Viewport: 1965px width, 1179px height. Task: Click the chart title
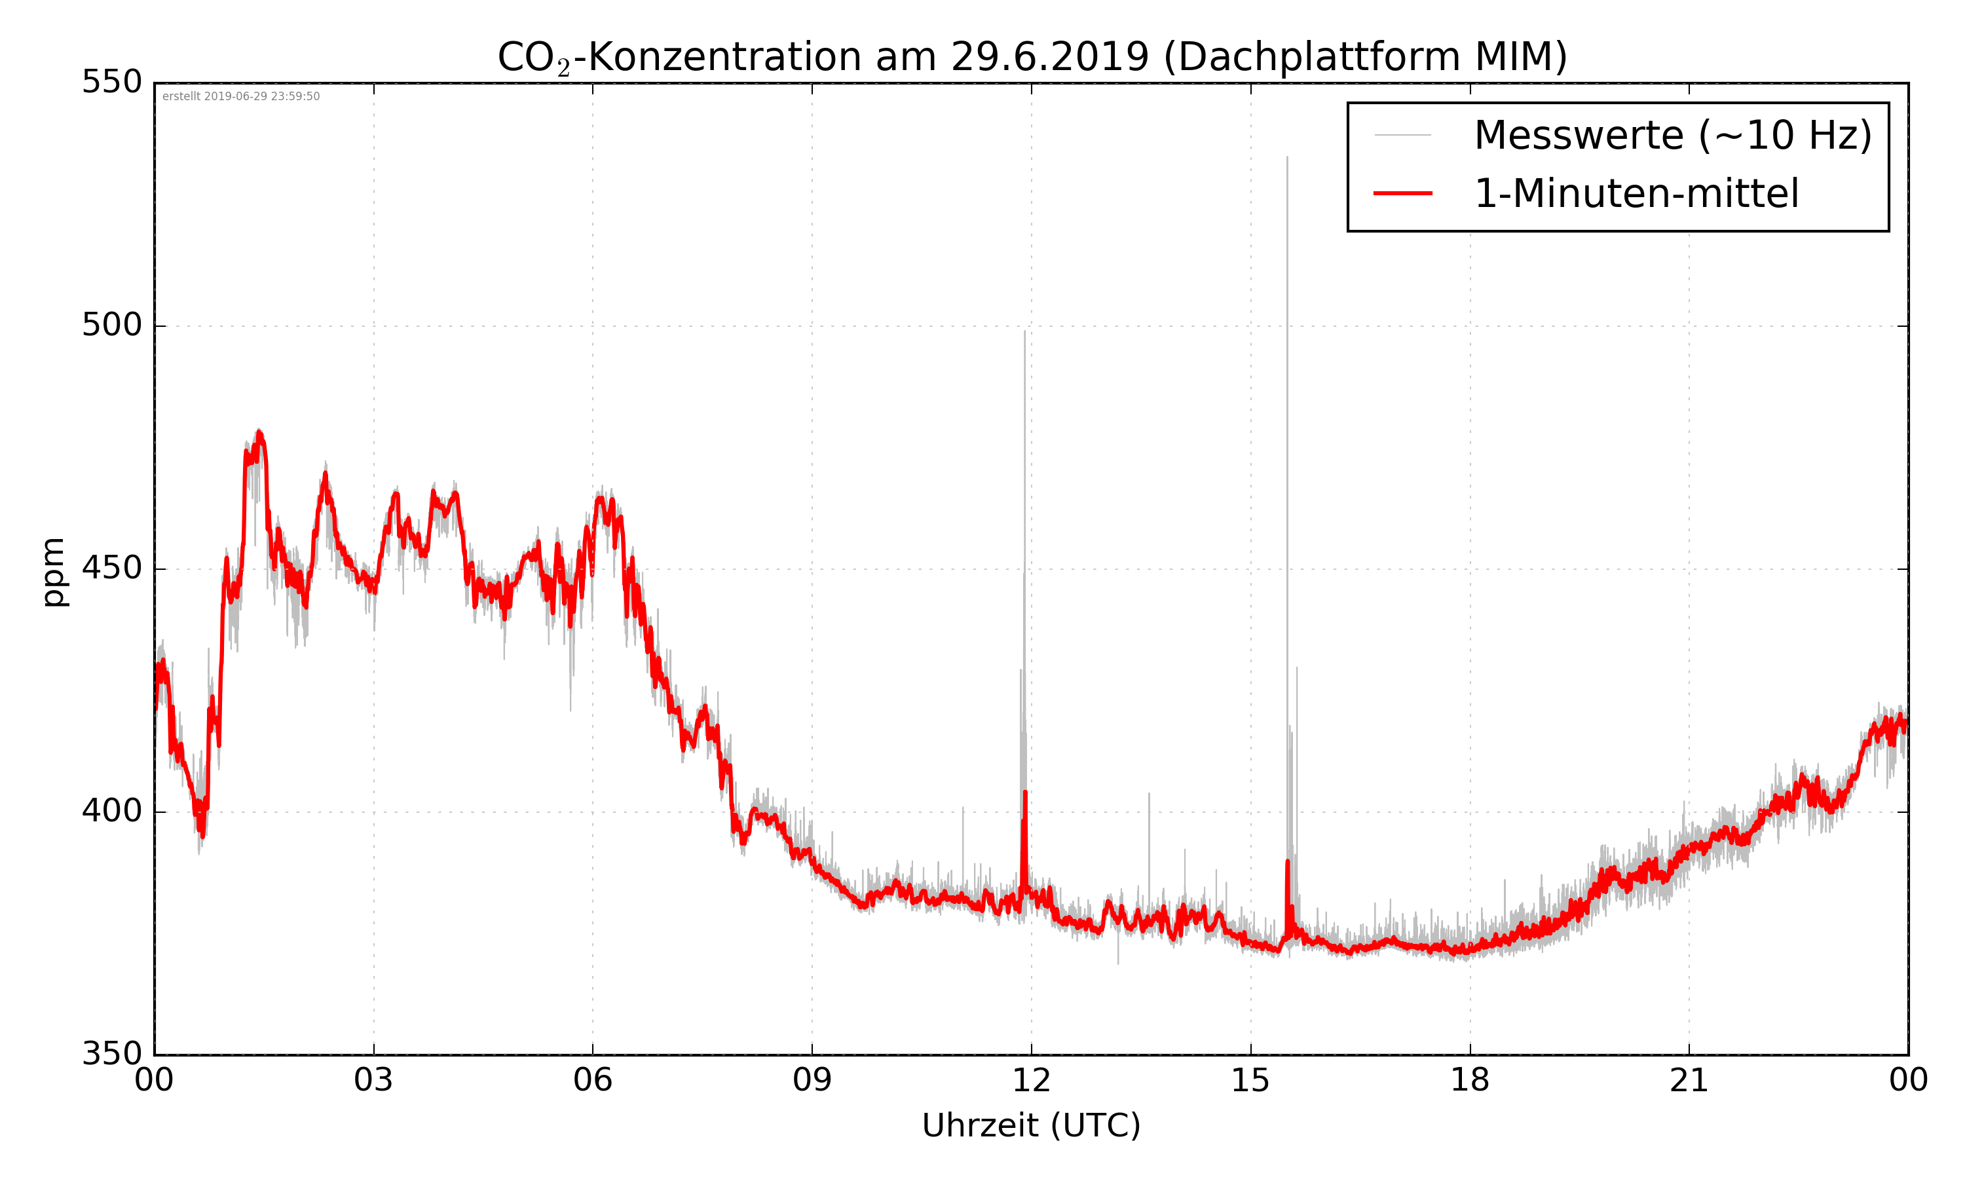point(1032,57)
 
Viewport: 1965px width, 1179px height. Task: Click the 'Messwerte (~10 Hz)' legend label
point(1673,135)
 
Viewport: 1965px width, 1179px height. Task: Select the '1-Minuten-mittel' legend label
point(1636,194)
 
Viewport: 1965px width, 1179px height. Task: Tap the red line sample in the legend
point(1402,194)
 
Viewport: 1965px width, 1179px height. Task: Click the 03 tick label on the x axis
point(373,1081)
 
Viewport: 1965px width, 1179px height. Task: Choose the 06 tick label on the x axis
point(593,1081)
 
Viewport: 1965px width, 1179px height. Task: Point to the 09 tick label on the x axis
point(812,1081)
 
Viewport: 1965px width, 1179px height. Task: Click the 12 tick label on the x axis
point(1031,1081)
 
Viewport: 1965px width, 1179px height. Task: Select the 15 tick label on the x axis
point(1250,1081)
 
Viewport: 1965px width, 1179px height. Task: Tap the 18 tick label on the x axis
point(1469,1081)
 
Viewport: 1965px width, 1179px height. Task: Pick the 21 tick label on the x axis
point(1689,1081)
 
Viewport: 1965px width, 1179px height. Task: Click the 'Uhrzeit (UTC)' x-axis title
point(1031,1126)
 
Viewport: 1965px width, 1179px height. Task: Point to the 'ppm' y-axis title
point(54,572)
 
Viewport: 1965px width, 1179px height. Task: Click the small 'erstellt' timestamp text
point(240,97)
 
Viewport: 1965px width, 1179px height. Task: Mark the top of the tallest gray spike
point(1288,157)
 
